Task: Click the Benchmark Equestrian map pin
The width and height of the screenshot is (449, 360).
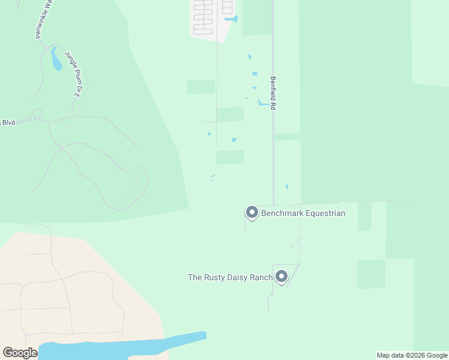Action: [252, 212]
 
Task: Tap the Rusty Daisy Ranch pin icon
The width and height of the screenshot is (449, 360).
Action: [281, 276]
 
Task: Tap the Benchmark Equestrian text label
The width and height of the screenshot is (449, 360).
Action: [303, 213]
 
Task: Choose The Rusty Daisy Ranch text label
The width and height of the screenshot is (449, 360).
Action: [230, 277]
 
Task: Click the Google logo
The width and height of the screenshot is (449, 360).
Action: [20, 353]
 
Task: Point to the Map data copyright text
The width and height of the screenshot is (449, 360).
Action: [412, 355]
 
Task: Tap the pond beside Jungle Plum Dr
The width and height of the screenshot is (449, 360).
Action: [56, 60]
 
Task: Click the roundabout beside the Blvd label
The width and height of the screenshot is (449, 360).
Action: [37, 112]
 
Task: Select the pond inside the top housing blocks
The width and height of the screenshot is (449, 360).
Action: [231, 19]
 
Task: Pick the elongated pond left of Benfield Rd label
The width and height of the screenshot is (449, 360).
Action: [263, 103]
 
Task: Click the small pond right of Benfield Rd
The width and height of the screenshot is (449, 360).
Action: [287, 187]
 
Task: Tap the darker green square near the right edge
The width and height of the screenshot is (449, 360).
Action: [371, 274]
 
